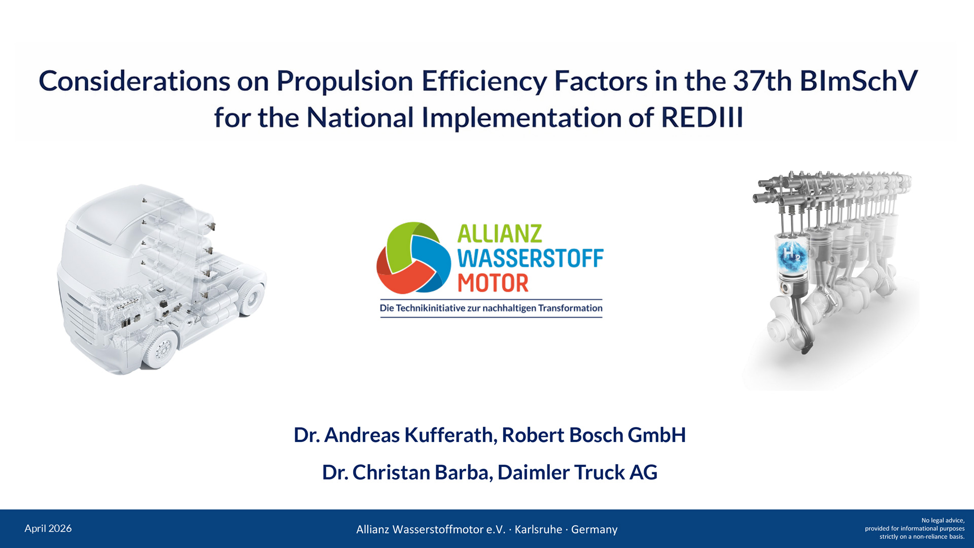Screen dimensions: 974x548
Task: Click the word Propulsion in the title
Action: coord(344,82)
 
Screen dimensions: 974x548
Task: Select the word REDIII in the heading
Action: coord(702,118)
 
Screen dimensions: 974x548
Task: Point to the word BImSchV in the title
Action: coord(859,81)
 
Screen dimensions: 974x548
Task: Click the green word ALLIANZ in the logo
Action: coord(500,234)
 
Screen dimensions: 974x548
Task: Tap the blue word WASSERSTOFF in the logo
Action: coord(531,258)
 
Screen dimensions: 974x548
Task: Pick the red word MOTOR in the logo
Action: coord(493,283)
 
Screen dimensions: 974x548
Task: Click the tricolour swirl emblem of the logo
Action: coord(413,258)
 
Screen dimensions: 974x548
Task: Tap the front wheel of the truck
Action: coord(161,348)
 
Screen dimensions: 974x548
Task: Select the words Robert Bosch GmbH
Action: coord(594,435)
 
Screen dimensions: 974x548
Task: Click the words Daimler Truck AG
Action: coord(577,472)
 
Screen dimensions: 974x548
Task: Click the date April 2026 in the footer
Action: coord(48,529)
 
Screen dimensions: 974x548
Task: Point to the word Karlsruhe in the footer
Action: coord(538,529)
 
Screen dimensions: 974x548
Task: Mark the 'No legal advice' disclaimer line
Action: coord(943,521)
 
